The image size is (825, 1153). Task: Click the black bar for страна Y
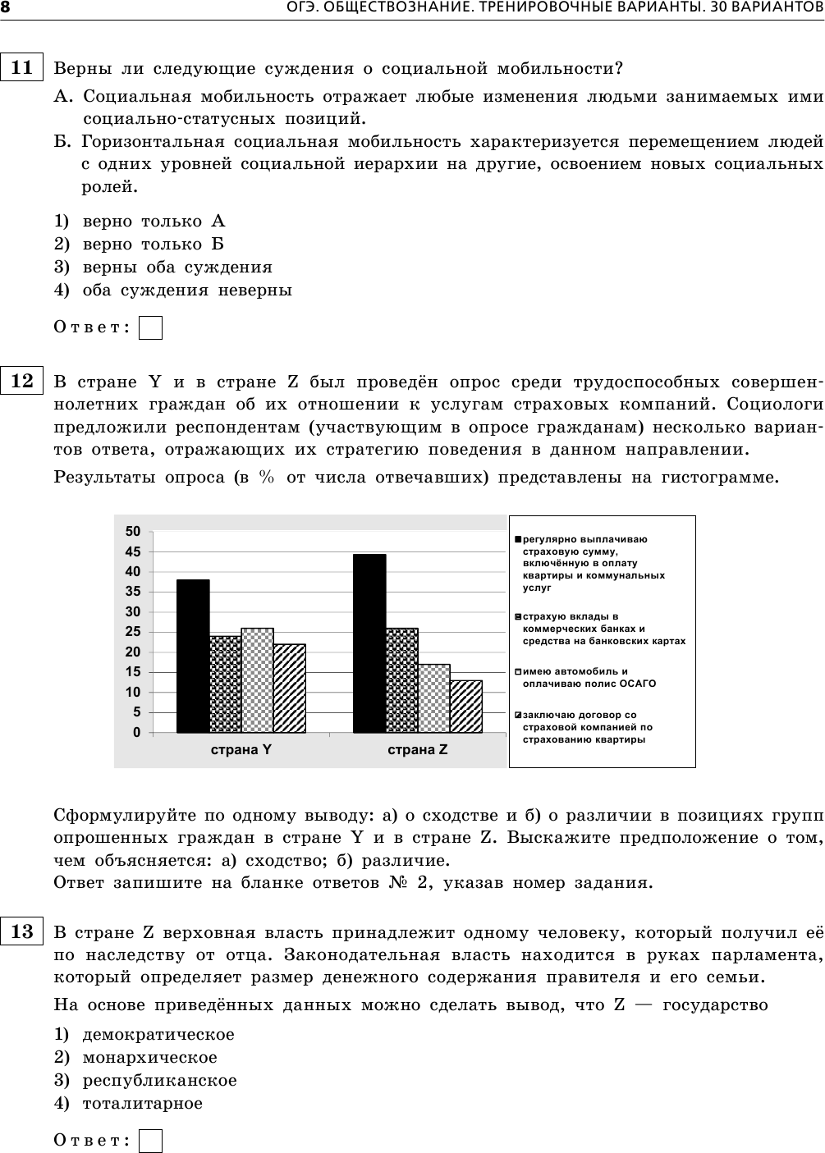pos(193,656)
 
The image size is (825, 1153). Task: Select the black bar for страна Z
pos(369,643)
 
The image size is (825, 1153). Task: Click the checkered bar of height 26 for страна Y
pos(258,680)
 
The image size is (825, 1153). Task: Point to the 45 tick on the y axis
pos(133,551)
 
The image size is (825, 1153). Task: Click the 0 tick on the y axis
pos(137,732)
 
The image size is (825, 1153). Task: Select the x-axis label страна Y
pos(241,750)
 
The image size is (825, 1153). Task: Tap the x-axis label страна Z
pos(418,750)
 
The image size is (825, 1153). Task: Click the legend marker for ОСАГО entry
pos(518,671)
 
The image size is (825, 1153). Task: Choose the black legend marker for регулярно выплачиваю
pos(518,539)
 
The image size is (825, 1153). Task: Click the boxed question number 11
pos(22,67)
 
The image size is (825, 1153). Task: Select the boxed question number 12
pos(22,381)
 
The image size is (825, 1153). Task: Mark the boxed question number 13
pos(22,931)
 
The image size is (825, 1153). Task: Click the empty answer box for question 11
pos(150,328)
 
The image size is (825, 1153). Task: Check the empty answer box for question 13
pos(150,1141)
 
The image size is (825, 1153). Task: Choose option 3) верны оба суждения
pos(176,268)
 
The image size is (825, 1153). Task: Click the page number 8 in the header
pos(6,8)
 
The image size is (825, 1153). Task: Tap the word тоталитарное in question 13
pos(142,1104)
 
